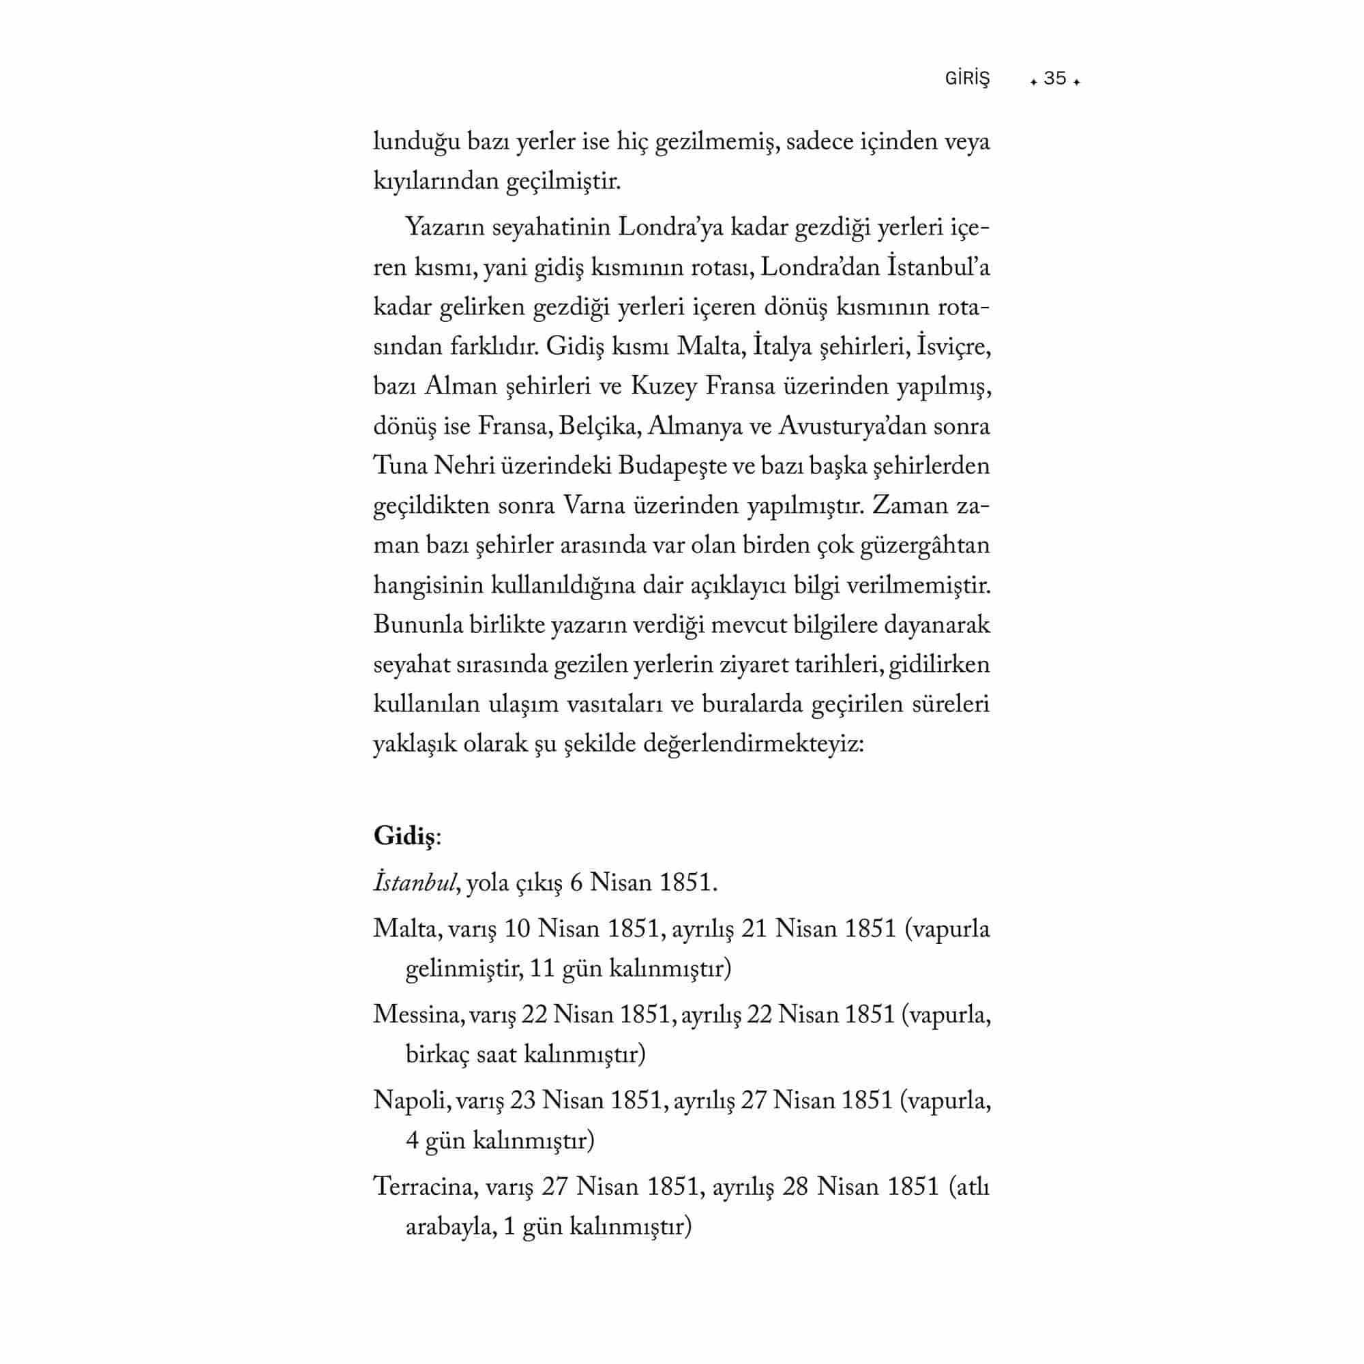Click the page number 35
1055,78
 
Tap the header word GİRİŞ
967,78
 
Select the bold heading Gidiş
404,837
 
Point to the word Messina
417,1015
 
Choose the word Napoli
411,1101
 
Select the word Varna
594,506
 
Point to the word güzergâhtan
925,546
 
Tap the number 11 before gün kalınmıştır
542,968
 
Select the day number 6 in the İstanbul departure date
576,883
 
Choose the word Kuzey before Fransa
660,387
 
